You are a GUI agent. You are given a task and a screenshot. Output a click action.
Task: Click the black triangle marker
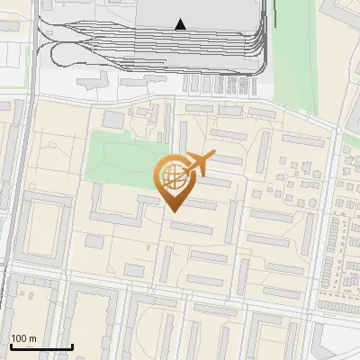181,24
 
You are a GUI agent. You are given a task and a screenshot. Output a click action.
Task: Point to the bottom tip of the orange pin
172,211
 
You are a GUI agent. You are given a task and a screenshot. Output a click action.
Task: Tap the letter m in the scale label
33,337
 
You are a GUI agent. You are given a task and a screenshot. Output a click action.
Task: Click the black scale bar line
40,347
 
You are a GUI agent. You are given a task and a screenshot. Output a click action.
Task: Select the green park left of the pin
121,157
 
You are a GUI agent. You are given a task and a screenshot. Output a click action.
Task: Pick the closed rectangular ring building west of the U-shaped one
46,229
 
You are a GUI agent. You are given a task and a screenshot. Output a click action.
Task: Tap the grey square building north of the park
114,119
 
